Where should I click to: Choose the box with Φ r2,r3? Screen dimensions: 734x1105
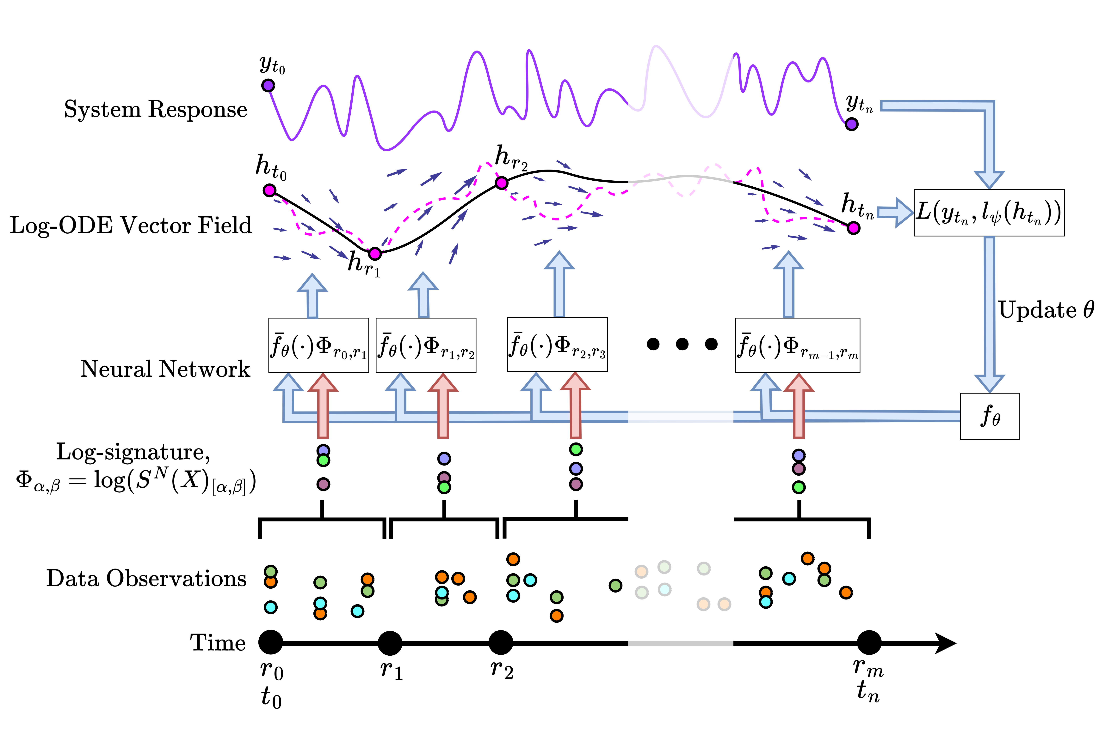tap(557, 345)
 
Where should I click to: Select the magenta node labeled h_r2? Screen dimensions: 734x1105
tap(501, 183)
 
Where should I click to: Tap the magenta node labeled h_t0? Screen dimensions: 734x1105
tap(269, 190)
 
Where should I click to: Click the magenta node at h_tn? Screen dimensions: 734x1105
tap(854, 228)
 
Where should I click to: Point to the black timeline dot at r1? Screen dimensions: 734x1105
tap(390, 643)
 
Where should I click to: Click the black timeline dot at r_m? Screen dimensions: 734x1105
tap(869, 643)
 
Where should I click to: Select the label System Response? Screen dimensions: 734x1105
tap(156, 110)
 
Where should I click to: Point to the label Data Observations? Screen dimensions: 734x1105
tap(146, 579)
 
